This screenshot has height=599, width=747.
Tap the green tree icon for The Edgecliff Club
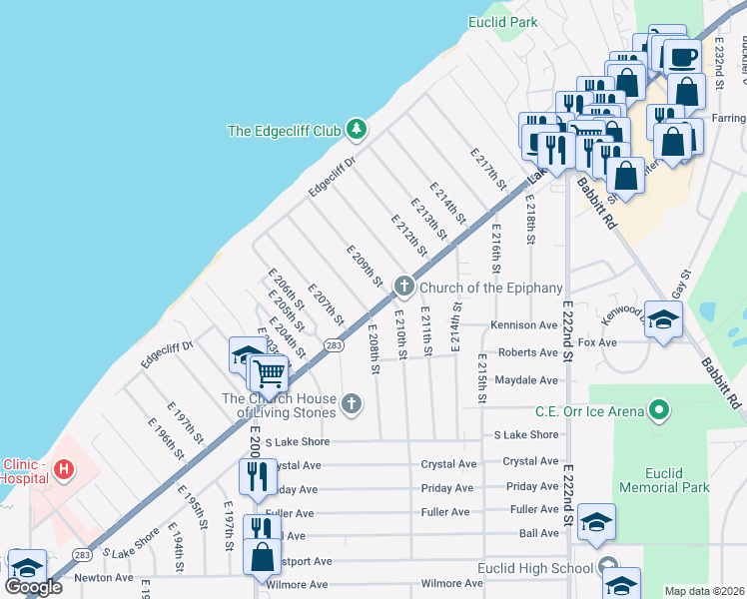[x=355, y=129]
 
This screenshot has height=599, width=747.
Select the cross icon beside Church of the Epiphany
[x=404, y=287]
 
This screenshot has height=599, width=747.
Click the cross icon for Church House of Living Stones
[x=350, y=402]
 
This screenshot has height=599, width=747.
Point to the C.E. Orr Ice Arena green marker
[x=658, y=409]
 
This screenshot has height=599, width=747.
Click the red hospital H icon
[x=64, y=468]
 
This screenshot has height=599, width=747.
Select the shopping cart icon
[x=269, y=372]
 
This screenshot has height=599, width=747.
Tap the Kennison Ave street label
[x=522, y=324]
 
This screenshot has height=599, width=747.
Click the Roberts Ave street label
[x=527, y=352]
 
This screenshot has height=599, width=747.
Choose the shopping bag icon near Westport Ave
[x=262, y=556]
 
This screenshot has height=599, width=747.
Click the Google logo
[x=34, y=586]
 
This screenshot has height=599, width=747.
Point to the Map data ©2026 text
[x=704, y=591]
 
